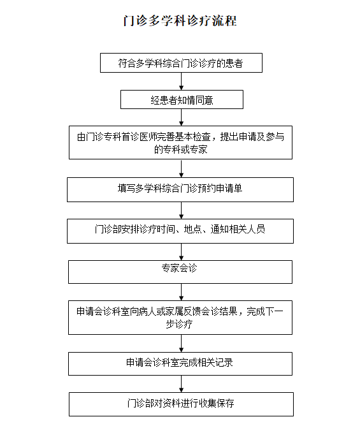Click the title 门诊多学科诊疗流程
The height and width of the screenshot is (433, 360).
tap(180, 20)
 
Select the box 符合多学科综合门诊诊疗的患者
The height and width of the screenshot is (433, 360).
tap(181, 63)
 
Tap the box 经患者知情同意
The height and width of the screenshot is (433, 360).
tap(182, 99)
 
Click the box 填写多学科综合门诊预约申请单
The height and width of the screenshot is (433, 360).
tap(180, 189)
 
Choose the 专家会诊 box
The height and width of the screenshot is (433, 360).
tap(180, 272)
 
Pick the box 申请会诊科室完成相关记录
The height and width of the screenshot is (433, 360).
tap(180, 363)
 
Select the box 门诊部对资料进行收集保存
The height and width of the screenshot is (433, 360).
tap(181, 404)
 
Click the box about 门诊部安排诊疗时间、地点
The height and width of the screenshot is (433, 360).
tap(180, 231)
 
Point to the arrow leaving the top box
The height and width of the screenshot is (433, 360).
tap(181, 82)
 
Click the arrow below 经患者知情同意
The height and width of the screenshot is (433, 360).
tap(181, 117)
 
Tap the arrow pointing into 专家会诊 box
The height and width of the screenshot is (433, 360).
tap(181, 252)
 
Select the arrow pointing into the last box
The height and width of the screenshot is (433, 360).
tap(181, 384)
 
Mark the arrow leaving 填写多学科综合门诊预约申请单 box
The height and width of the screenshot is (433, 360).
tap(181, 210)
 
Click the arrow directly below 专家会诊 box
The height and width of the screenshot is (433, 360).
tap(181, 292)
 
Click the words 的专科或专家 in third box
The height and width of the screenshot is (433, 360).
tap(181, 149)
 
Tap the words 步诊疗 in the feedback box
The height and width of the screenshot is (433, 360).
tap(179, 324)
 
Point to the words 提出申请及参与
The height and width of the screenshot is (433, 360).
tap(252, 136)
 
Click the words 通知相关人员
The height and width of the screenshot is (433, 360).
tap(238, 229)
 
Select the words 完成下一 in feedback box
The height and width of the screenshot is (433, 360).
tap(265, 311)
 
